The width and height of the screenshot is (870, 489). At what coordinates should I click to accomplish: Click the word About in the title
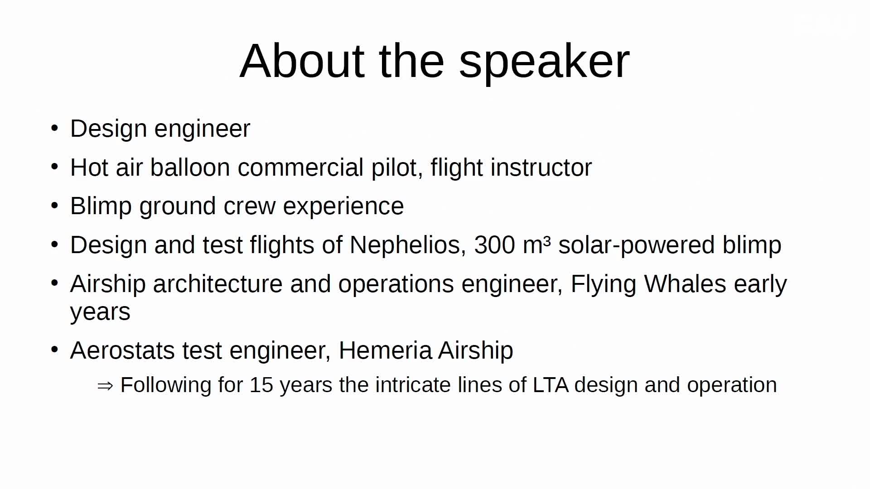(x=302, y=61)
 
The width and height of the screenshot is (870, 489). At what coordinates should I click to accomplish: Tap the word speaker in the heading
(x=544, y=63)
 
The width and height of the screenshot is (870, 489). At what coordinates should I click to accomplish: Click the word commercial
(x=300, y=168)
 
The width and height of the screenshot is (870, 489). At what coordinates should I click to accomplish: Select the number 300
(x=494, y=245)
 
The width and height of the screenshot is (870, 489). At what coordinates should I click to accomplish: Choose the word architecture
(x=217, y=284)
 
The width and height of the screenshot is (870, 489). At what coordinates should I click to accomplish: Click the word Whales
(x=685, y=284)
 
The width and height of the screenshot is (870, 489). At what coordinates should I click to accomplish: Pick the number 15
(x=261, y=385)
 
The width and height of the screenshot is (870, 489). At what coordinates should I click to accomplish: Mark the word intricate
(x=413, y=385)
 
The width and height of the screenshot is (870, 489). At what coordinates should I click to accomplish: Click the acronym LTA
(x=551, y=385)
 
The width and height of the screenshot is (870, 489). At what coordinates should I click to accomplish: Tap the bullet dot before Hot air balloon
(x=55, y=167)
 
